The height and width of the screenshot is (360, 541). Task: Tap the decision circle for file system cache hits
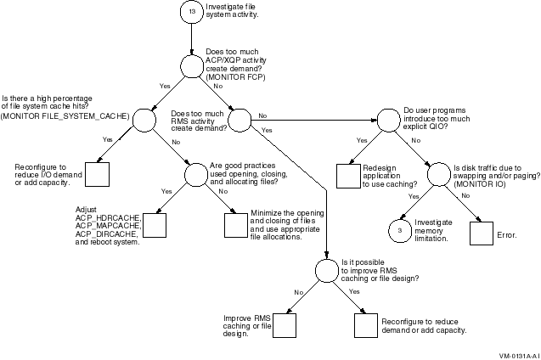pyautogui.click(x=143, y=120)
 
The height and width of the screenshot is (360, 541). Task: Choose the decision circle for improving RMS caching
pyautogui.click(x=327, y=271)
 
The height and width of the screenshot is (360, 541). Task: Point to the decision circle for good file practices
pyautogui.click(x=196, y=174)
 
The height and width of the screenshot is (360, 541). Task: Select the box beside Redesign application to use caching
pyautogui.click(x=348, y=175)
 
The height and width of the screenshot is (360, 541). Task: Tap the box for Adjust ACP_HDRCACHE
pyautogui.click(x=154, y=225)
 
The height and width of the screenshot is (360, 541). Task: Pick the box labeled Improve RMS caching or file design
pyautogui.click(x=283, y=325)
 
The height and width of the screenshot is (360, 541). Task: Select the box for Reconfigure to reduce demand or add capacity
pyautogui.click(x=365, y=326)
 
